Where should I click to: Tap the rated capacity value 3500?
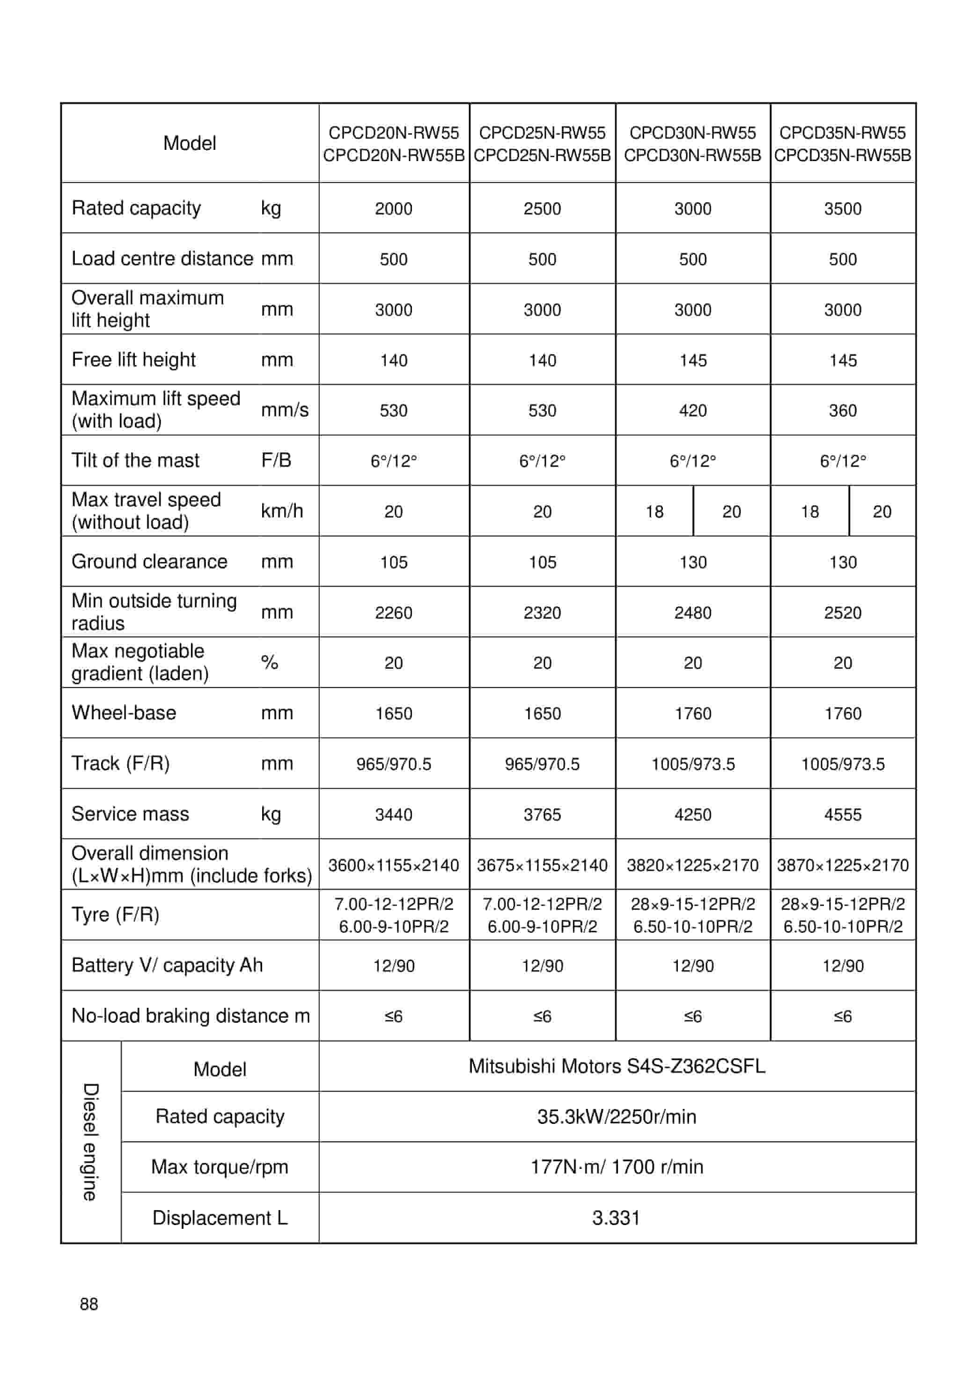(842, 209)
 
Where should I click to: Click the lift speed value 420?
(692, 410)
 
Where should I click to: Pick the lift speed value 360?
(842, 410)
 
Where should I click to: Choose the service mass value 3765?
(542, 814)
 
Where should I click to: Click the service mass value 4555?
(842, 814)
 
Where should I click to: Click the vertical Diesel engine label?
(90, 1142)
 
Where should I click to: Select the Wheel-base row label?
(124, 712)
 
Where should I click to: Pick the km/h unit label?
(281, 510)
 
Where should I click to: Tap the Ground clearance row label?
(149, 561)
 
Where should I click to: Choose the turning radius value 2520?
(842, 613)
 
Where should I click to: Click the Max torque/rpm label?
(220, 1167)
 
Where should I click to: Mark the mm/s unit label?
(285, 410)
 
